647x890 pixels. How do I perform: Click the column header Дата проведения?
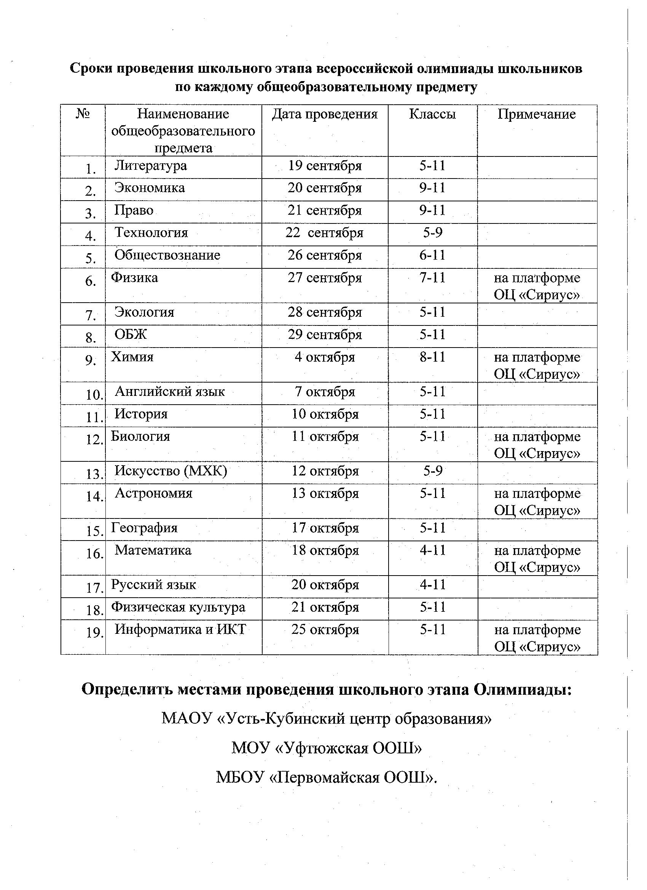325,114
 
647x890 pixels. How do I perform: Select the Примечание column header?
536,114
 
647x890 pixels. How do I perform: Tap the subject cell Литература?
151,166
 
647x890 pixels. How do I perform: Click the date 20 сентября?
325,188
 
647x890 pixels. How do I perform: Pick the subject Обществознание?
167,255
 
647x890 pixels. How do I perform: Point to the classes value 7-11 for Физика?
432,278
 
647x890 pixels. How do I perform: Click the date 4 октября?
325,357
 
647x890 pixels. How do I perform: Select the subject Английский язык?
170,392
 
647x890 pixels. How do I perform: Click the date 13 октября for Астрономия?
325,493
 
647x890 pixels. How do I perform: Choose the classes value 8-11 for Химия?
432,357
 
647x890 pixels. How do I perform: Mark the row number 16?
94,554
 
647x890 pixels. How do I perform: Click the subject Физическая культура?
178,607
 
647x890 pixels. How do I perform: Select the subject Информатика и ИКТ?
180,630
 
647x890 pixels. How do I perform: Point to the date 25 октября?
325,630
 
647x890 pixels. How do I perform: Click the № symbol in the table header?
83,114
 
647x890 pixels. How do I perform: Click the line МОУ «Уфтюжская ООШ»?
327,748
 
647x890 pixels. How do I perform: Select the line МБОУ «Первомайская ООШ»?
327,777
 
